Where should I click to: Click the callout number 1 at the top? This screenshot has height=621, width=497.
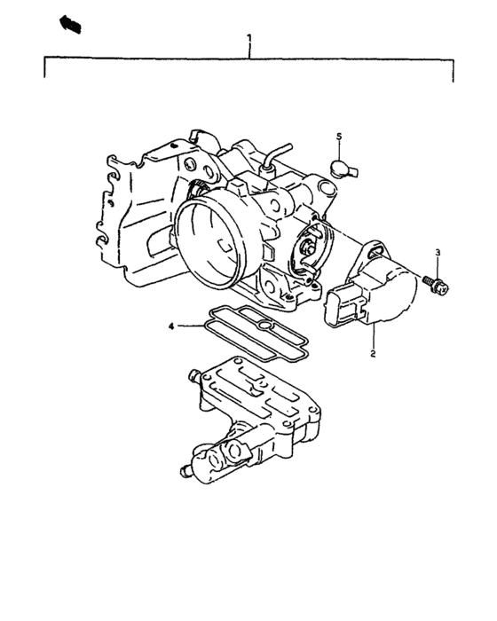tap(249, 39)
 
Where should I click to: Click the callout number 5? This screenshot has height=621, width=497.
tap(338, 136)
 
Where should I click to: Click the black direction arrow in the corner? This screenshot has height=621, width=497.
tap(69, 24)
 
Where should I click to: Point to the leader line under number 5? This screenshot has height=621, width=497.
tap(338, 150)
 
